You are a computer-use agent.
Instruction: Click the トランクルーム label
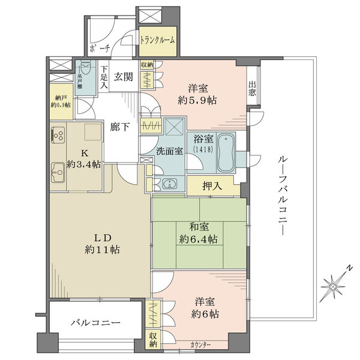(x=158, y=40)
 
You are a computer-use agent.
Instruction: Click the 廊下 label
(x=119, y=127)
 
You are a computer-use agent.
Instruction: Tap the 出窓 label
(x=253, y=88)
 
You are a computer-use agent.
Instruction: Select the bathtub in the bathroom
(x=226, y=152)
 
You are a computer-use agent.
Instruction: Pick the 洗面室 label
(x=170, y=151)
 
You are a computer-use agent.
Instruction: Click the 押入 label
(x=214, y=186)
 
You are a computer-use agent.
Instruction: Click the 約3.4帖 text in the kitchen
(x=83, y=164)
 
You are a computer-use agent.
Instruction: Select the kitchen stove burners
(x=58, y=136)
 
